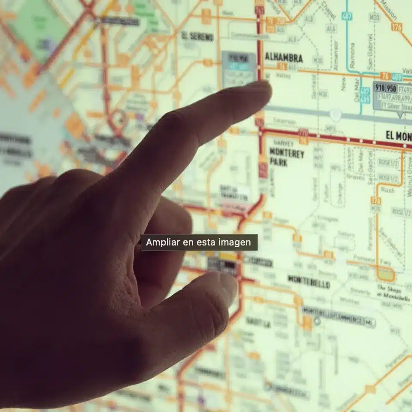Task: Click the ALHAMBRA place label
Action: (284, 58)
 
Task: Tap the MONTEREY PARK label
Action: (286, 158)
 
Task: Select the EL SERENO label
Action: (197, 36)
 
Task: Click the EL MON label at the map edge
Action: (398, 136)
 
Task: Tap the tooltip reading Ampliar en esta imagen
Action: (199, 242)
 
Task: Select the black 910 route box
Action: (379, 88)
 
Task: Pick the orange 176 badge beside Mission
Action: (397, 27)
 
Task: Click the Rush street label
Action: (388, 189)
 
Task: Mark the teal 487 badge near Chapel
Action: (347, 16)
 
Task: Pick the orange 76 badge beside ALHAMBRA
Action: (282, 66)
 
